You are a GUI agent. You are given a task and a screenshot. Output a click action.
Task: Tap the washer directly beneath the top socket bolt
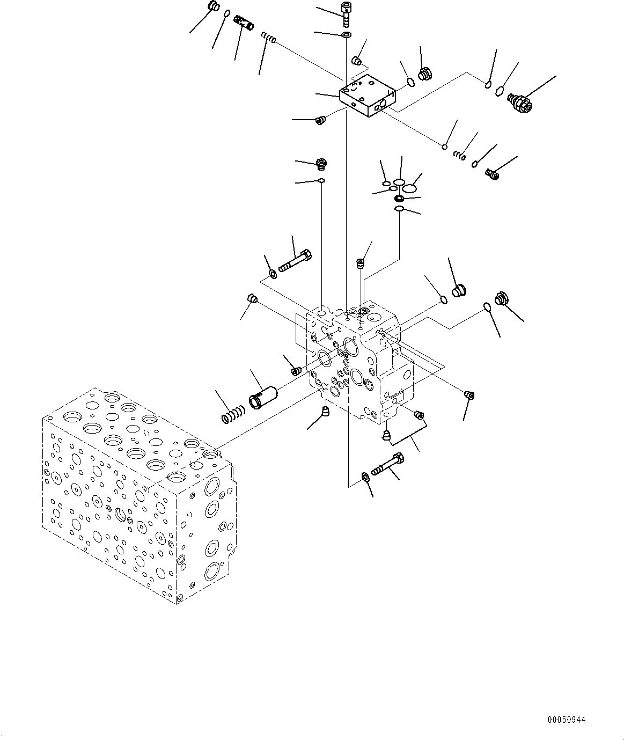(346, 35)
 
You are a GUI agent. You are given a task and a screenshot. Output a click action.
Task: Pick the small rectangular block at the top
(368, 96)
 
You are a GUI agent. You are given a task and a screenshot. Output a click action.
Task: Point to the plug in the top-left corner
(212, 7)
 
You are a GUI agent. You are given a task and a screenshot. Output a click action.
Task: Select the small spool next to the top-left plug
(244, 24)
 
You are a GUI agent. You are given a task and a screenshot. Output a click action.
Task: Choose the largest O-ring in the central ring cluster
(410, 188)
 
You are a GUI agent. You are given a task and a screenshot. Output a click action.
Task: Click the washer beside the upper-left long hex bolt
(273, 274)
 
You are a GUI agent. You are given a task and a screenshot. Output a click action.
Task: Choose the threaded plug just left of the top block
(321, 120)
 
